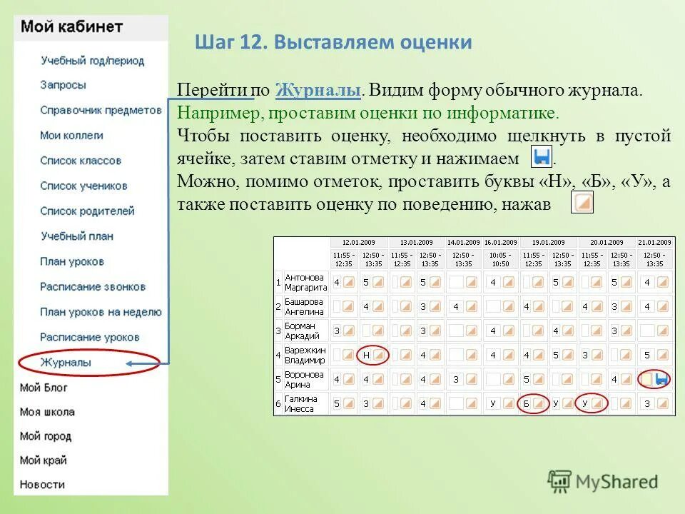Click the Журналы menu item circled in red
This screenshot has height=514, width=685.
66,363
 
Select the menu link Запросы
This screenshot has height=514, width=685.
64,85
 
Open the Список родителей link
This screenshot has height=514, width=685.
87,211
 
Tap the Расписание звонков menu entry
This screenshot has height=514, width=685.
93,287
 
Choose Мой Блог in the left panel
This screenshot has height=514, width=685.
44,388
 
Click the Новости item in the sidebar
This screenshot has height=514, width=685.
42,485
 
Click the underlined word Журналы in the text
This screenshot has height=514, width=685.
318,91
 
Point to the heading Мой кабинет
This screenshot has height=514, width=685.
72,27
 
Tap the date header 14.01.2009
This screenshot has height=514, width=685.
464,243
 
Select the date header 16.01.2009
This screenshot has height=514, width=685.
501,243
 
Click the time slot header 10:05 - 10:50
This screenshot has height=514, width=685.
501,259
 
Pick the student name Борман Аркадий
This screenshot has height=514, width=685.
300,331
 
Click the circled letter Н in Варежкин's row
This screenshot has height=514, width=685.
366,355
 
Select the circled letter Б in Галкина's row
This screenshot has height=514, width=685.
527,404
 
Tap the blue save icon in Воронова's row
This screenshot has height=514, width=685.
661,379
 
